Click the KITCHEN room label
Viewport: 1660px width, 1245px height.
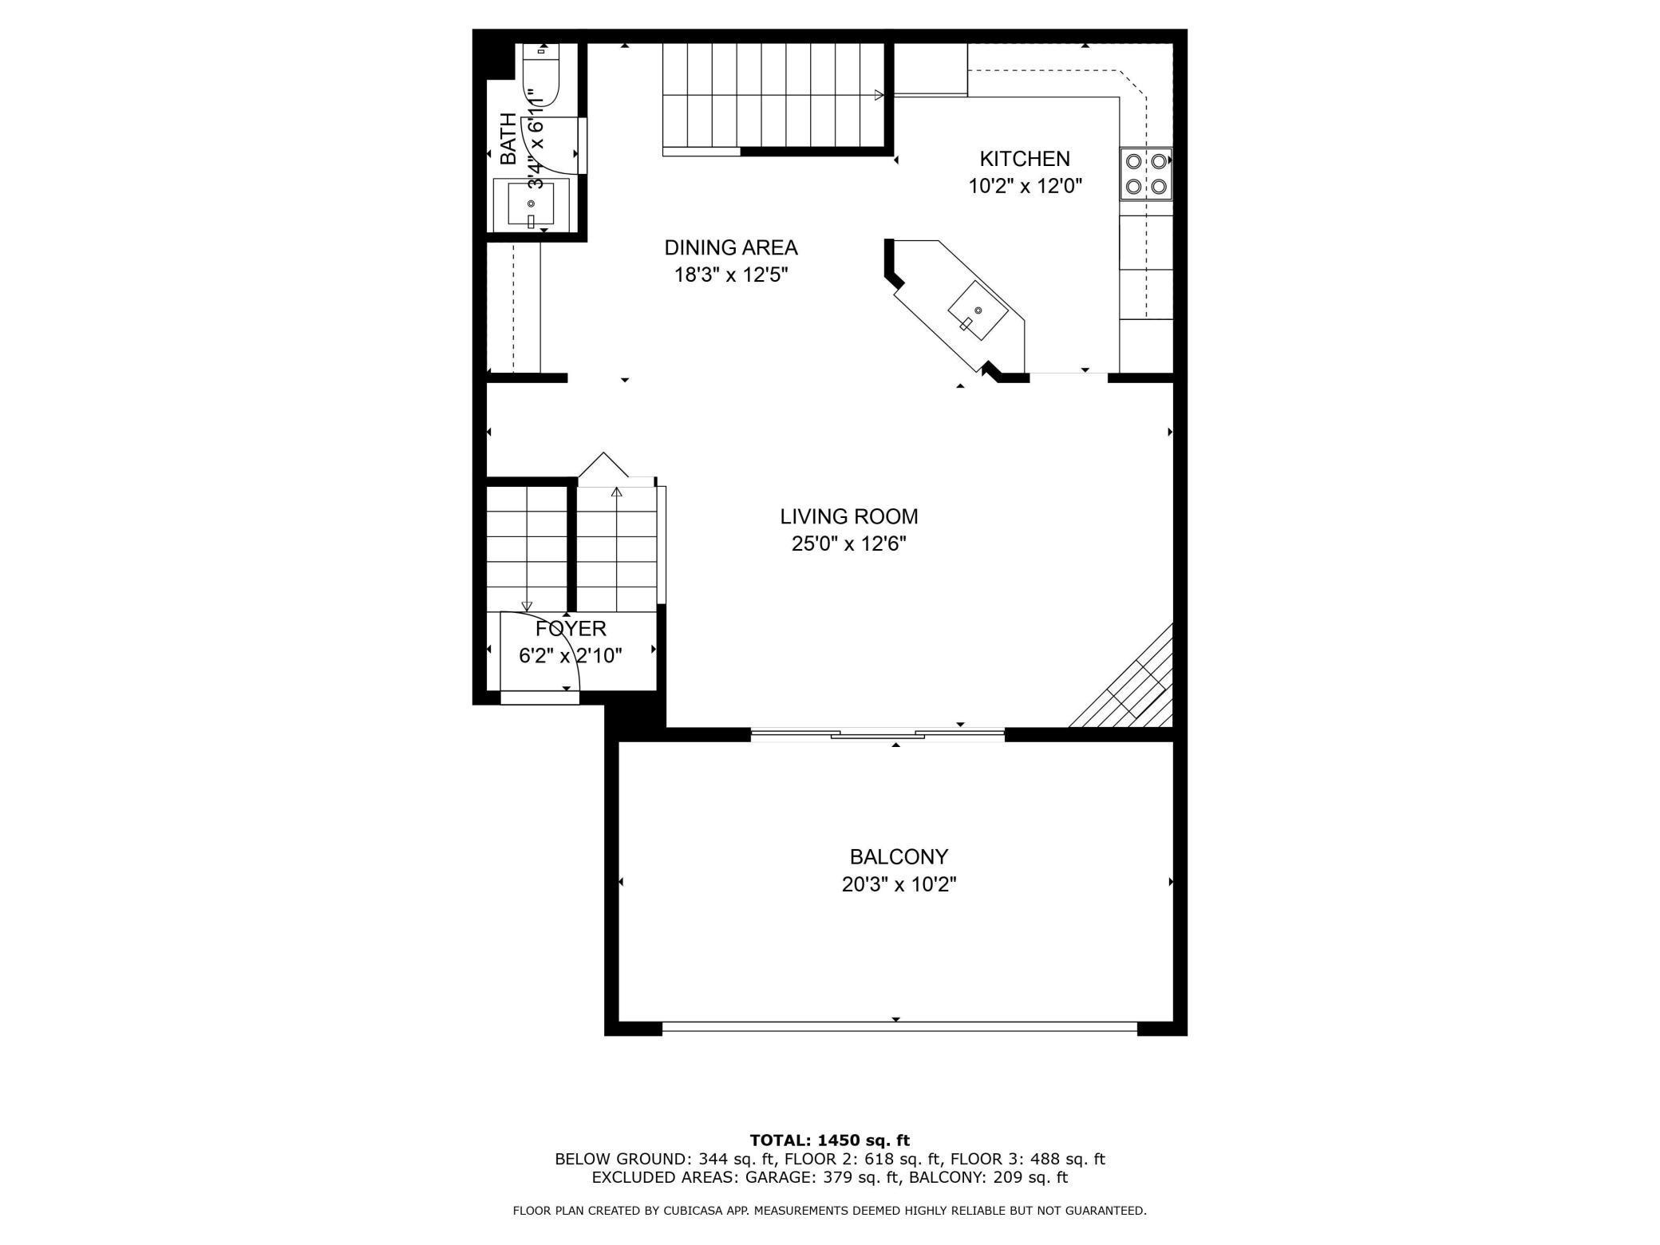[1025, 159]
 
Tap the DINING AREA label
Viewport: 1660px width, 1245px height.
[731, 248]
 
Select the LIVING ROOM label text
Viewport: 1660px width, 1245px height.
[849, 516]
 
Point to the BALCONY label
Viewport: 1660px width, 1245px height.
[899, 857]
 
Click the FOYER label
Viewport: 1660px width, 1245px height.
[571, 629]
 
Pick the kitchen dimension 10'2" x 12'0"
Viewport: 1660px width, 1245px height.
[1025, 187]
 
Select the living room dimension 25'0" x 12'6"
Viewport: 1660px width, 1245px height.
[849, 544]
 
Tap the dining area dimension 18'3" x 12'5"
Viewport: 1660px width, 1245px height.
[731, 275]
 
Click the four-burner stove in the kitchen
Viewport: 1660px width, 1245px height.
[1146, 174]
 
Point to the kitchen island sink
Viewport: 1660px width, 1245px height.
[978, 311]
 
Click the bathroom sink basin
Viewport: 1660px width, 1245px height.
[531, 205]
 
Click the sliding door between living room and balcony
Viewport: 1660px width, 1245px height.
[878, 733]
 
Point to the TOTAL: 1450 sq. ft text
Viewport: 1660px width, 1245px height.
[830, 1140]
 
